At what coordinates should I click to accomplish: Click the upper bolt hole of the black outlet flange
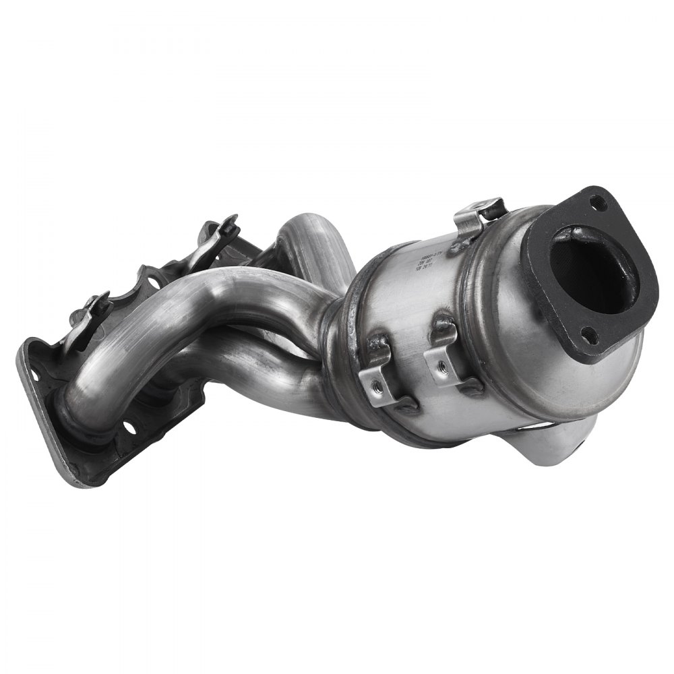point(596,200)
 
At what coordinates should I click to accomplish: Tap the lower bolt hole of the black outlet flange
point(587,330)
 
